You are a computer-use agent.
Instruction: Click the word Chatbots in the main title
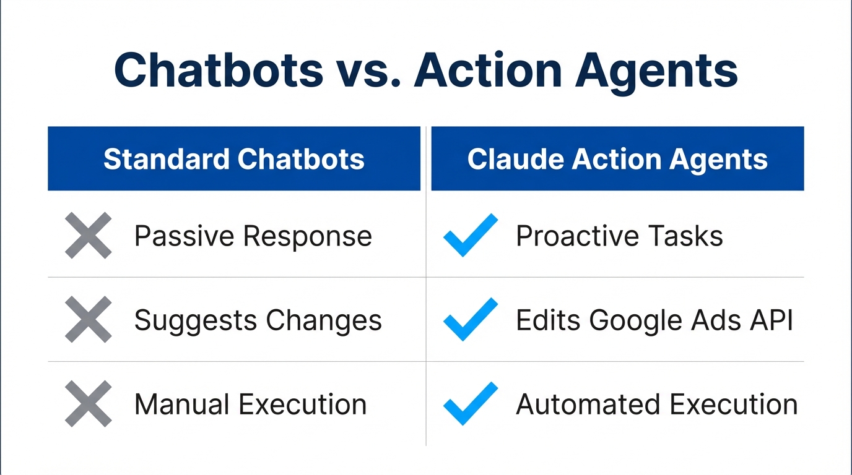point(219,70)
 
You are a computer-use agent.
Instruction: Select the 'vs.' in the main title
point(368,70)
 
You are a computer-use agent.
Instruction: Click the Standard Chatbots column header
point(234,159)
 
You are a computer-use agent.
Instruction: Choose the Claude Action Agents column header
point(617,159)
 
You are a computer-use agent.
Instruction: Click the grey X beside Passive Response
point(89,235)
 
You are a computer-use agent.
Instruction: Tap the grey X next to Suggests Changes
point(89,319)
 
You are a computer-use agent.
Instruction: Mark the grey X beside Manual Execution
point(89,403)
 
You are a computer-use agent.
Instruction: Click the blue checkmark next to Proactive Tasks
point(471,235)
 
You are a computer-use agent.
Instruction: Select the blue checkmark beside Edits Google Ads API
point(471,319)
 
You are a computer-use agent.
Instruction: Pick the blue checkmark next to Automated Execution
point(471,403)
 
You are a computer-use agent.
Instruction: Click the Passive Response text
point(253,236)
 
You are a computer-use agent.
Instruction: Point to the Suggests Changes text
point(258,320)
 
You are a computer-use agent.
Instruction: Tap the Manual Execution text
point(251,404)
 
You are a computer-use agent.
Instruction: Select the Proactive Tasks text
point(619,236)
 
